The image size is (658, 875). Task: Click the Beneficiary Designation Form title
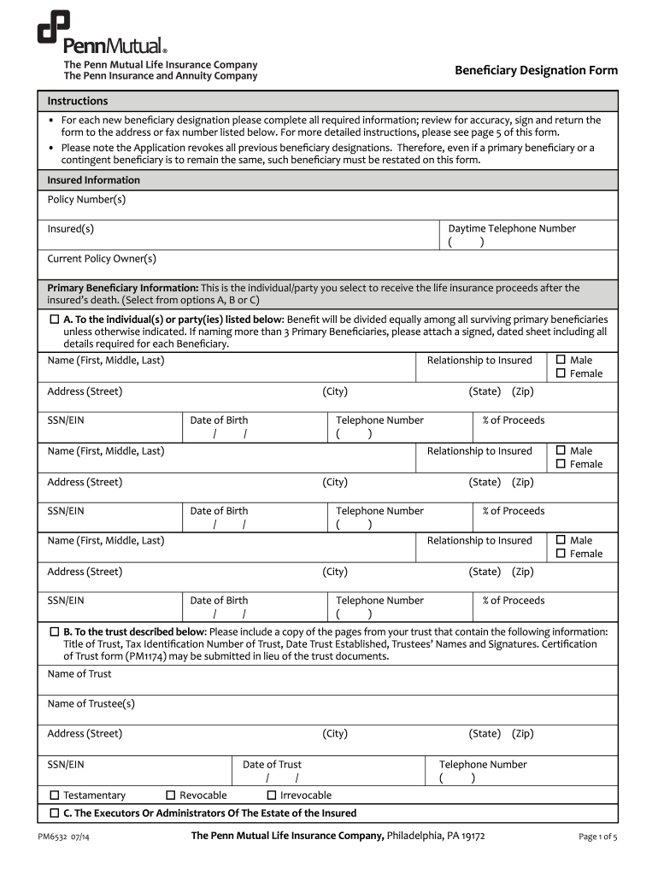pos(536,70)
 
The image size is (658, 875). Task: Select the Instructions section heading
pos(77,101)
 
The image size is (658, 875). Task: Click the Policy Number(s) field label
pos(86,199)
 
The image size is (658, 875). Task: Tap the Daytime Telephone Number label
pos(512,228)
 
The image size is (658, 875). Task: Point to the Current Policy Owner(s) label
pos(102,259)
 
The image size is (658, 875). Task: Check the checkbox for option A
pos(55,319)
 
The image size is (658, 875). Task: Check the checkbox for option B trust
pos(55,632)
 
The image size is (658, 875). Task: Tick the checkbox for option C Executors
pos(55,813)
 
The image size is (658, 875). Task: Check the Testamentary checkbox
pos(55,796)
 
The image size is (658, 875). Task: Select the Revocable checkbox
pos(171,796)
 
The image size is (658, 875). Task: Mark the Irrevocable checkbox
pos(272,796)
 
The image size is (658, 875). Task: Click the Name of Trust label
pos(79,674)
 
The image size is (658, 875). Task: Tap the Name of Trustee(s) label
pos(91,704)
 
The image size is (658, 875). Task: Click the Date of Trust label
pos(272,765)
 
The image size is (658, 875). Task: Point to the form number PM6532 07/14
pos(64,837)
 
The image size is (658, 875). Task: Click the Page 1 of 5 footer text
pos(597,837)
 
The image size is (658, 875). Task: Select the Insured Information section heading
pos(93,180)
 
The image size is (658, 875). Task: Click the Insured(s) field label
pos(71,229)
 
